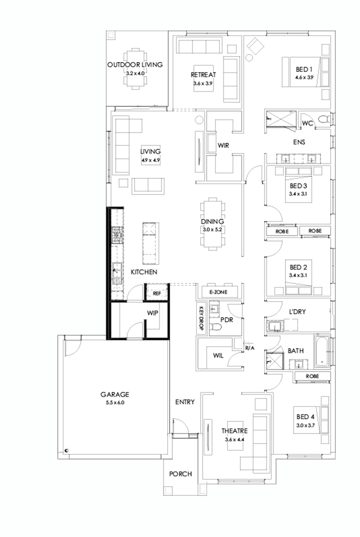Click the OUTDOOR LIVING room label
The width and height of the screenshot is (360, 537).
135,65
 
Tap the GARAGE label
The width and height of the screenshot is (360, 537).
114,395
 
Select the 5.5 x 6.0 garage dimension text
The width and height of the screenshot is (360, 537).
114,402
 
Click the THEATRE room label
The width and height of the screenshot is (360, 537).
235,431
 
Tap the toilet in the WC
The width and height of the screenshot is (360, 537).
323,120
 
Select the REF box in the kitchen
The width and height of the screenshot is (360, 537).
157,293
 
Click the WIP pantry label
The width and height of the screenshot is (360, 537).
152,312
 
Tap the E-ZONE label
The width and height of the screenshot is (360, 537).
218,292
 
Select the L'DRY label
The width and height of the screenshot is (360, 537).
298,311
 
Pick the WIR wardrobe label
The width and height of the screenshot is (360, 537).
223,146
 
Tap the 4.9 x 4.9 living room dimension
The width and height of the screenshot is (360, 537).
151,160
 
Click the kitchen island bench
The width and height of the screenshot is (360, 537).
149,244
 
